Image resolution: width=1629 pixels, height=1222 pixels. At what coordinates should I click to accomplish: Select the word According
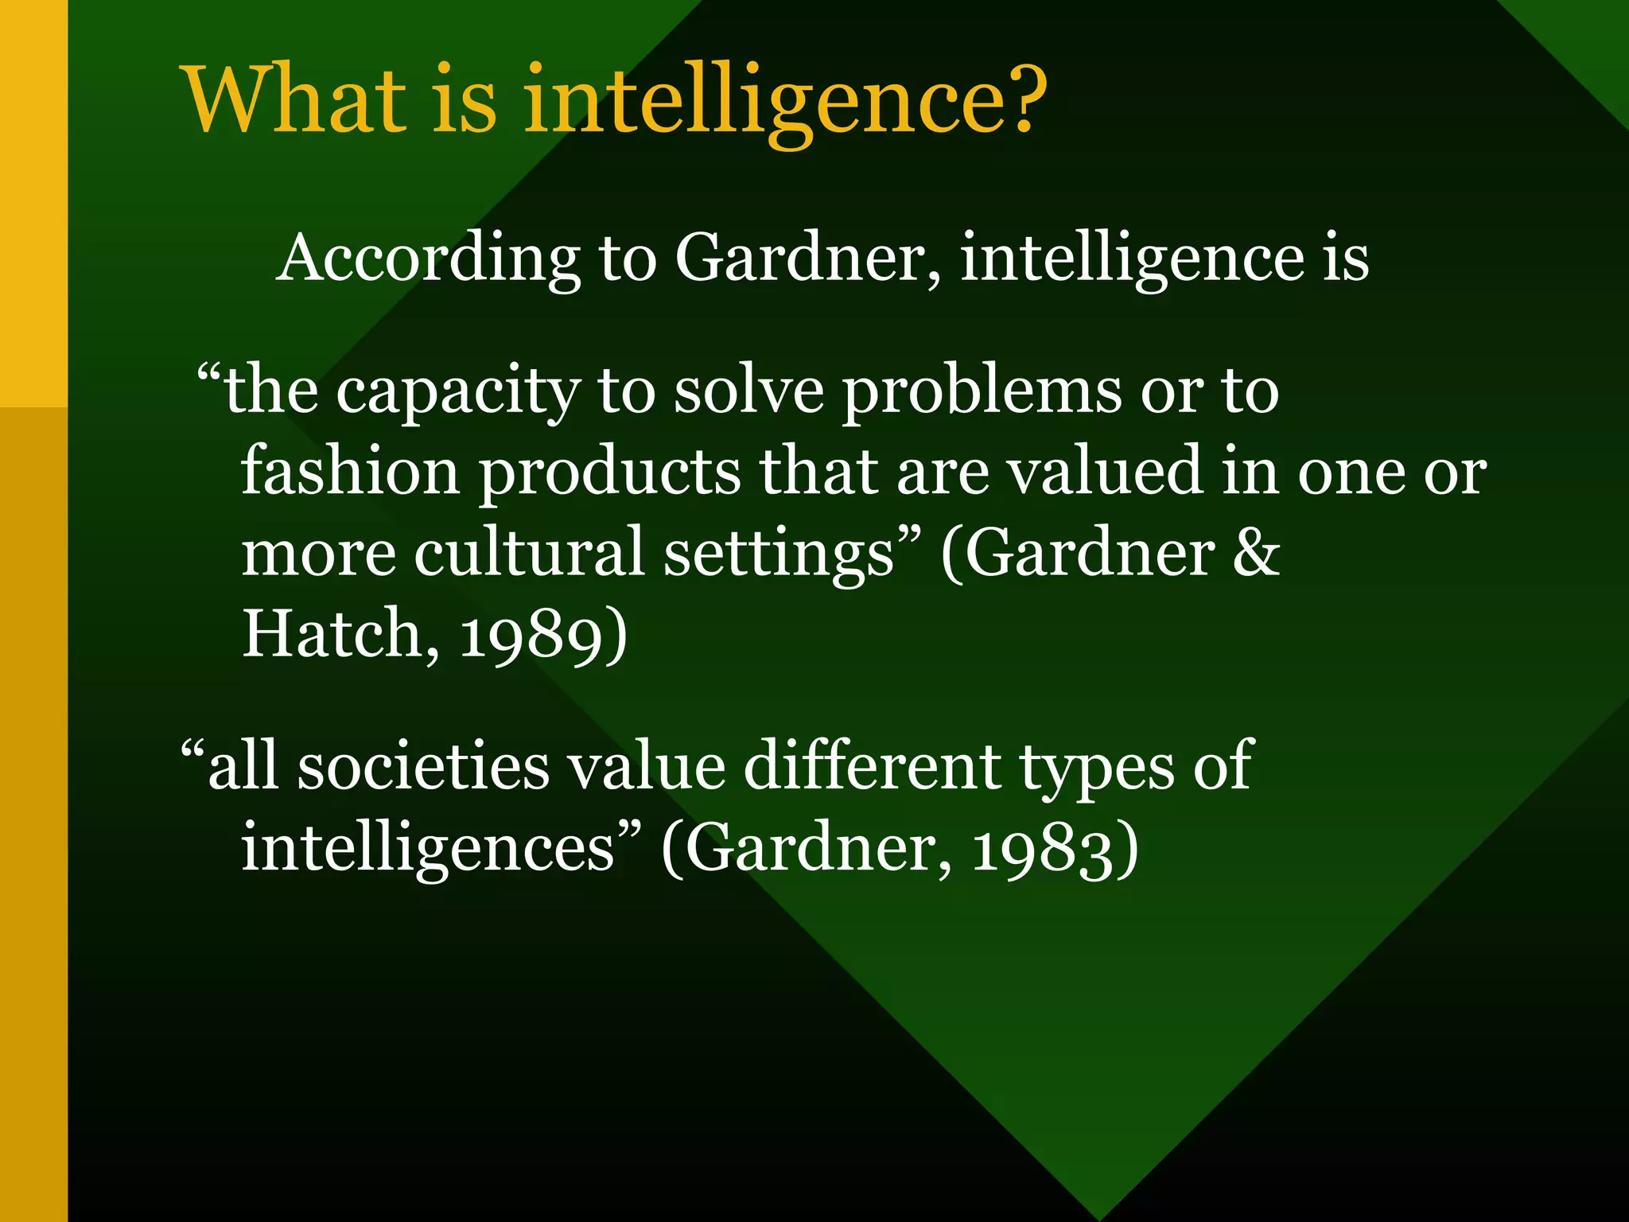tap(428, 259)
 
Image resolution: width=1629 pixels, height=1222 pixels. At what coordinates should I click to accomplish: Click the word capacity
tap(457, 392)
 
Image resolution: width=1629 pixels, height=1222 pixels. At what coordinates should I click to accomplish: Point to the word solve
tap(748, 392)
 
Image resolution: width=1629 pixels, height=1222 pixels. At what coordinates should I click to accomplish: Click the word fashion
tap(350, 471)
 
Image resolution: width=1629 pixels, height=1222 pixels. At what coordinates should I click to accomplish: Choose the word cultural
tap(528, 552)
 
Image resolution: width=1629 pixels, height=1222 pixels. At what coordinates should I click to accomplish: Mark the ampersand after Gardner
tap(1255, 552)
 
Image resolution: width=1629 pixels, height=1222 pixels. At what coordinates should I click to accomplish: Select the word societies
tap(422, 766)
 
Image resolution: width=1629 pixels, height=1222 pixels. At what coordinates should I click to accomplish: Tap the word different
tap(872, 766)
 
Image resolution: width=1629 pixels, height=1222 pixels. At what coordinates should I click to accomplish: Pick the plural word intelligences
tap(428, 849)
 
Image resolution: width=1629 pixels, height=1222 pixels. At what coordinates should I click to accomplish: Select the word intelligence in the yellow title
tap(751, 101)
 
